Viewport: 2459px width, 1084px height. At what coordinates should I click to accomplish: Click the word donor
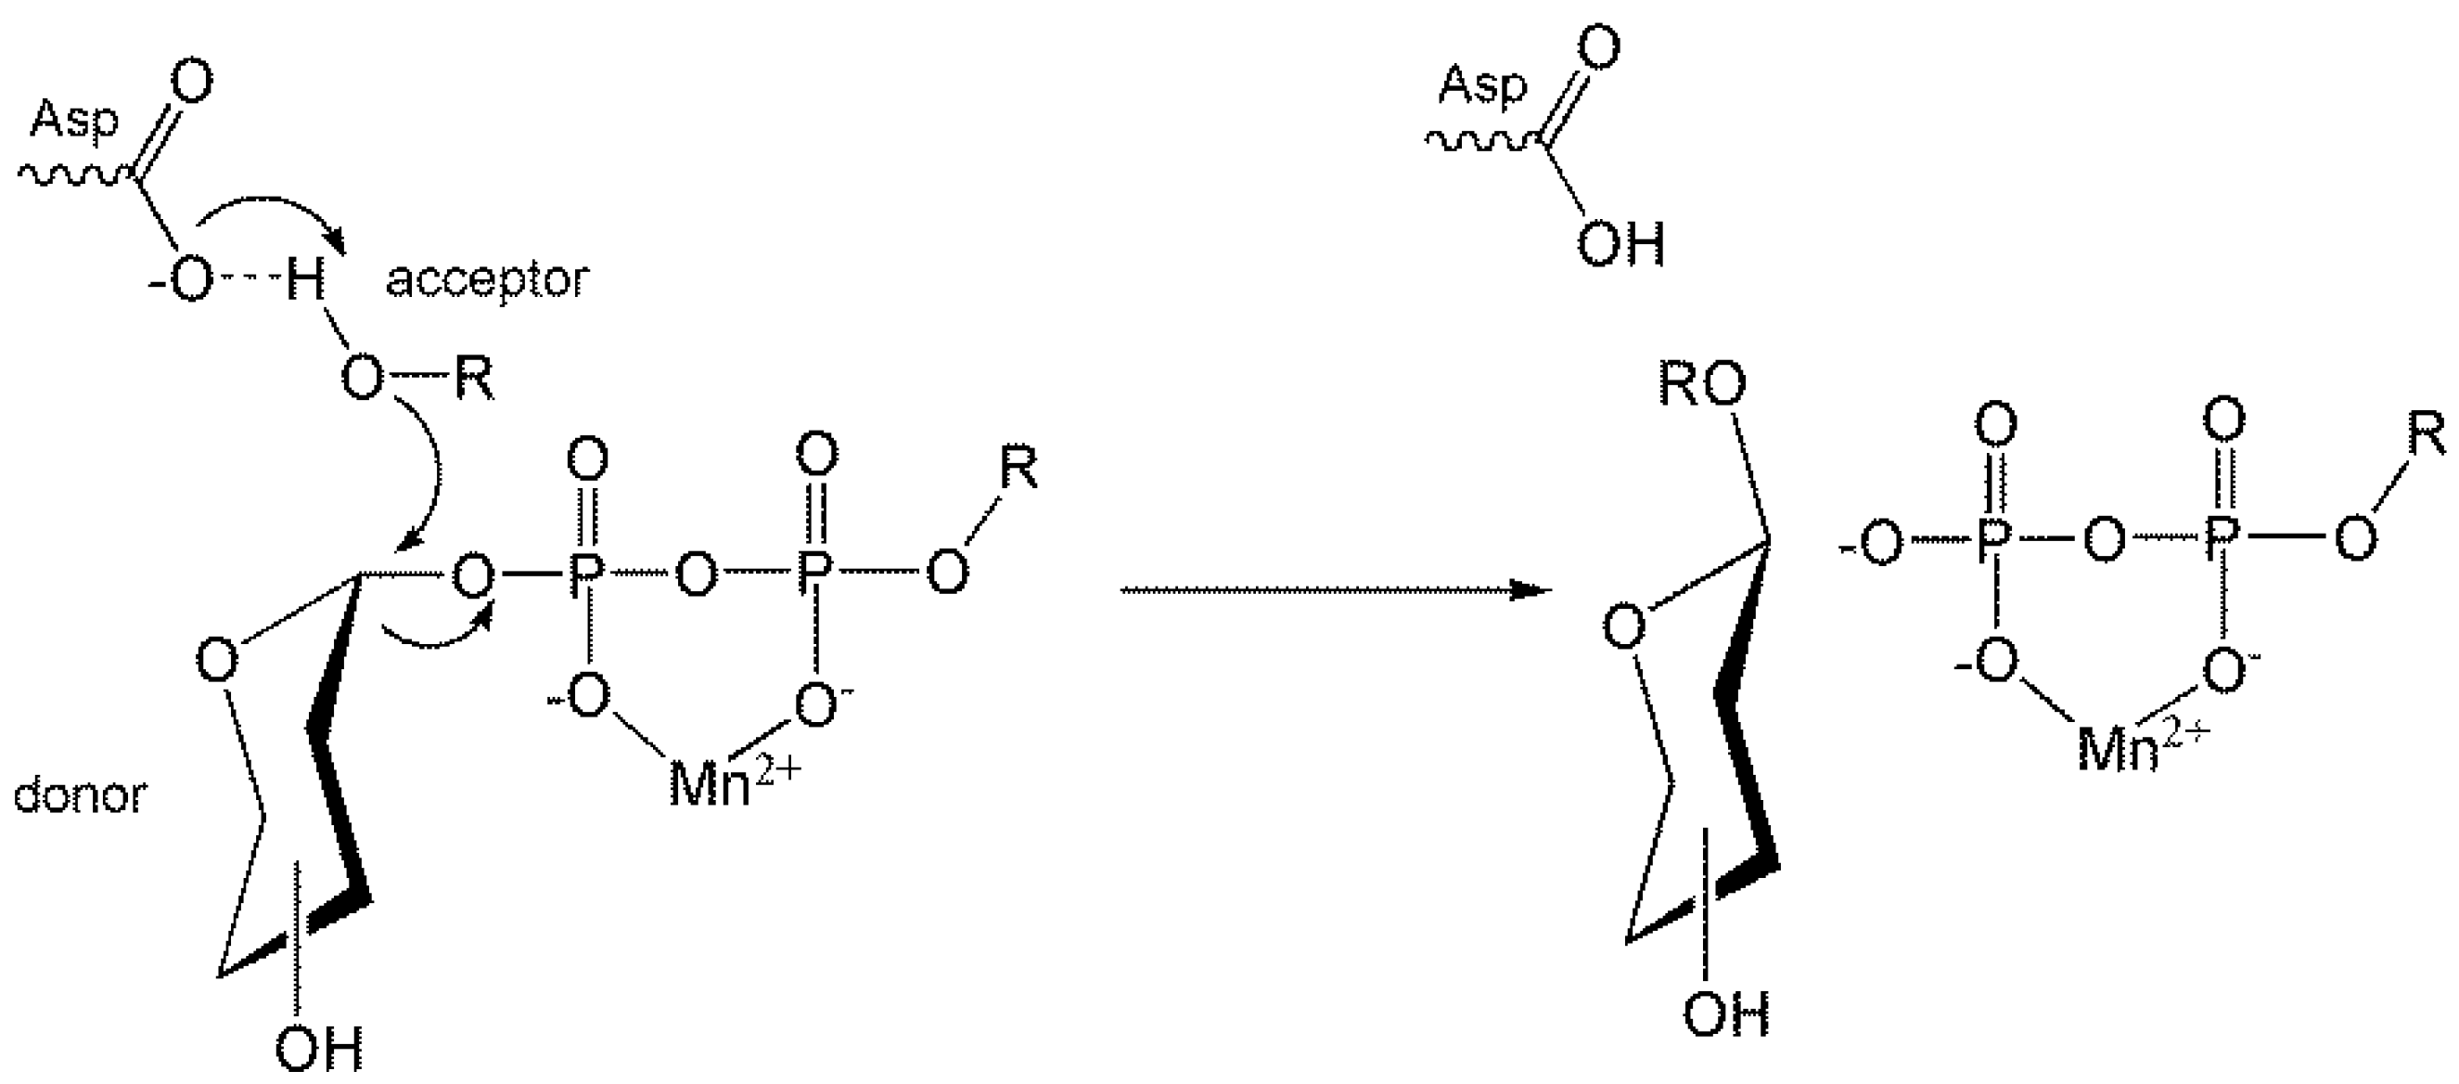[x=80, y=794]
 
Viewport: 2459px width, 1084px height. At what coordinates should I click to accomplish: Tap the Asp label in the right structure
[x=1482, y=85]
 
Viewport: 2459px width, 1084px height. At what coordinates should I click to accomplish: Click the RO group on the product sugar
[x=1702, y=385]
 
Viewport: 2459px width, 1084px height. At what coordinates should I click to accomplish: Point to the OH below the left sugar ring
[x=319, y=1048]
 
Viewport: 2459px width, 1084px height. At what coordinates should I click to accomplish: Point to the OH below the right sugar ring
[x=1726, y=1014]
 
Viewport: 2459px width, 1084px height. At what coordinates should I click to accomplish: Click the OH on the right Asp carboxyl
[x=1620, y=244]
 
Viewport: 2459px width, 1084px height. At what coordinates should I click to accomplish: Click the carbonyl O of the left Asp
[x=192, y=84]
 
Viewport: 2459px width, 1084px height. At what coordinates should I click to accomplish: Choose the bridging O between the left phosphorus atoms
[x=696, y=576]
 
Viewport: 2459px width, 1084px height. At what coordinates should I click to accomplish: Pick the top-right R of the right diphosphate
[x=2426, y=435]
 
